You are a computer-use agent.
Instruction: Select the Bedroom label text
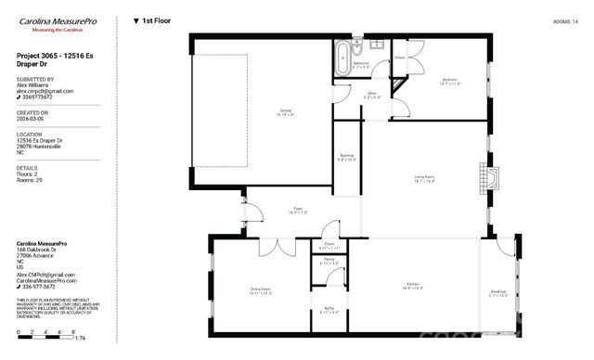click(450, 81)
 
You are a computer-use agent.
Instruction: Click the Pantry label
click(329, 261)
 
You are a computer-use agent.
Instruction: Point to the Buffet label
click(329, 310)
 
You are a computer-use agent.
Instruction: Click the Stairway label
click(345, 158)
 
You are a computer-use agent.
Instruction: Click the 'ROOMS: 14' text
click(565, 19)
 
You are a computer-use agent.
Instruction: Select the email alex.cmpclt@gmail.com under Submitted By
click(45, 91)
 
